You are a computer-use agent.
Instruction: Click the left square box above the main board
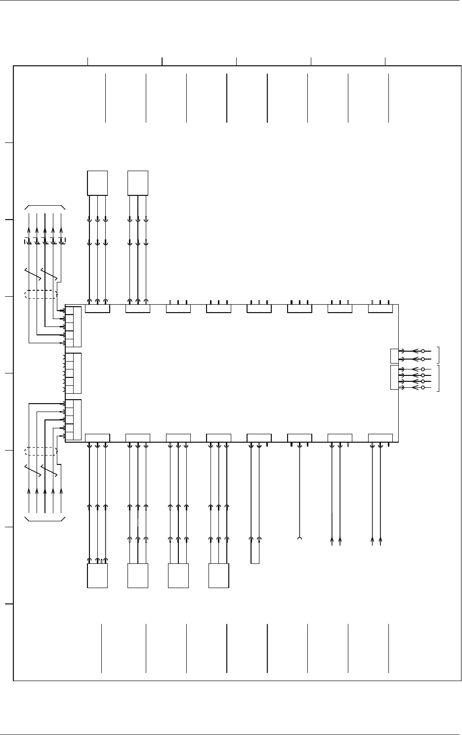[x=97, y=183]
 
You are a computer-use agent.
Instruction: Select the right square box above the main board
[x=138, y=183]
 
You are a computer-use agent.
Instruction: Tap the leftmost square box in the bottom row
[x=97, y=576]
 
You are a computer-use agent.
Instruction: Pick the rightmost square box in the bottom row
[x=219, y=576]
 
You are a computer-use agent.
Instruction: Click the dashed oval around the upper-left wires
[x=41, y=294]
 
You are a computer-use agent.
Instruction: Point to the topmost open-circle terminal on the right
[x=423, y=351]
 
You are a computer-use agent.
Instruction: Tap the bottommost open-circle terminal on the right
[x=423, y=388]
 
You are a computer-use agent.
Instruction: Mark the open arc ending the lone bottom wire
[x=299, y=539]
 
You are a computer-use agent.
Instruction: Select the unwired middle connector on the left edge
[x=73, y=373]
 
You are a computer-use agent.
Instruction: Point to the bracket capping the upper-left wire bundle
[x=45, y=206]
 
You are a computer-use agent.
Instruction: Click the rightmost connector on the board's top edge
[x=380, y=309]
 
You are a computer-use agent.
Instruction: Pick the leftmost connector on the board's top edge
[x=97, y=309]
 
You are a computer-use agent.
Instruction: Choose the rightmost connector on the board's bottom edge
[x=380, y=438]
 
